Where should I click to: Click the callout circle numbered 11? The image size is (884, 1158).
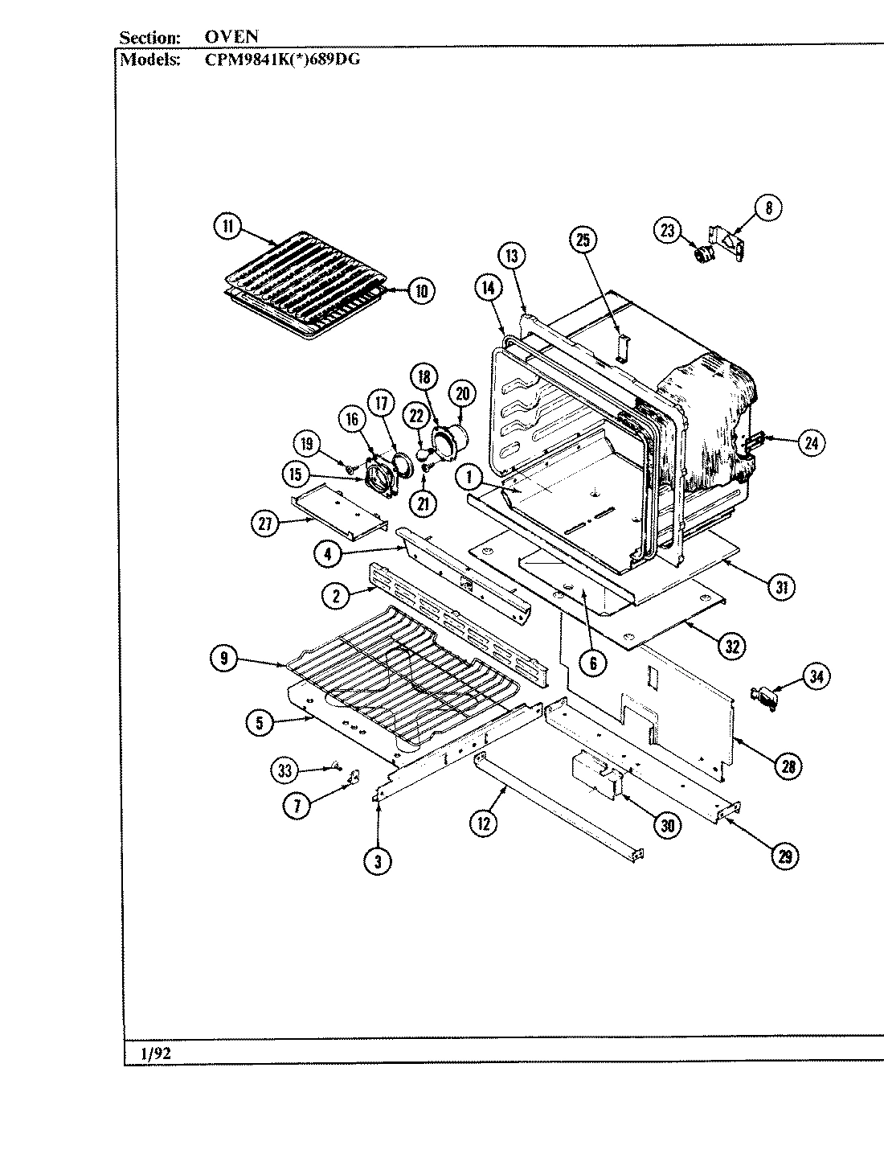click(x=227, y=228)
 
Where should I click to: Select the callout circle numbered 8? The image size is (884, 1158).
click(x=767, y=208)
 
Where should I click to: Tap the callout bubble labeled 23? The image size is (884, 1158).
click(x=667, y=232)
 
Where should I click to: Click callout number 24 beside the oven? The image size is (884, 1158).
click(x=812, y=442)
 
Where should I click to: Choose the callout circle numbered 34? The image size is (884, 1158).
click(x=816, y=677)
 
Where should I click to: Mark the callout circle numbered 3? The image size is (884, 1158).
click(x=377, y=860)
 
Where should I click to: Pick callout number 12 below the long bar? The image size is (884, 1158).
click(x=485, y=823)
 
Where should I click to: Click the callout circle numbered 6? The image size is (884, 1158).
click(x=592, y=662)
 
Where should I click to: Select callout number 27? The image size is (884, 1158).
click(x=265, y=524)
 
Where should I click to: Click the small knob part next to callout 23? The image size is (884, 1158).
click(x=705, y=255)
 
